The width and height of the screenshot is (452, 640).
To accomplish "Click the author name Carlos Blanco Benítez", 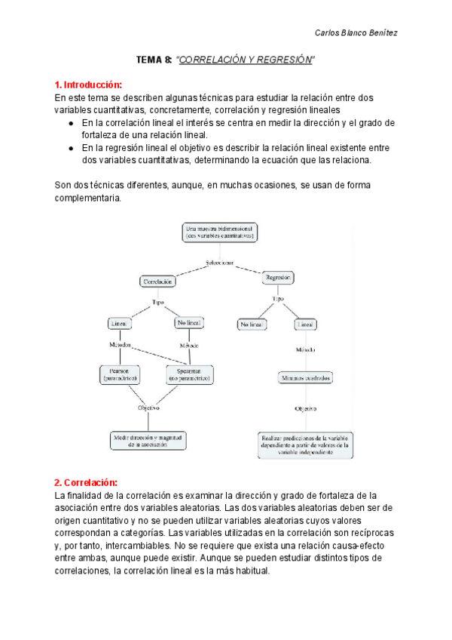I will tap(356, 32).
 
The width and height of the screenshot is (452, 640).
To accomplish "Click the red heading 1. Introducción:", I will tap(88, 85).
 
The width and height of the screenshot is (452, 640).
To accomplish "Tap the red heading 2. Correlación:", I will tap(87, 482).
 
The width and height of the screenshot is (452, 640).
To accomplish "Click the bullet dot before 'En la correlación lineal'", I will tap(70, 123).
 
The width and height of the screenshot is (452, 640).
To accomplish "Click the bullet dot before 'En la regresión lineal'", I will tap(70, 149).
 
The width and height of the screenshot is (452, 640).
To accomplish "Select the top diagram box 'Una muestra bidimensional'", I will tap(219, 232).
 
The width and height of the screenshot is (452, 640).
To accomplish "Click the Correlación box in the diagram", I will tap(157, 281).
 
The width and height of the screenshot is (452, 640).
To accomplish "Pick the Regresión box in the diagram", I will tap(278, 278).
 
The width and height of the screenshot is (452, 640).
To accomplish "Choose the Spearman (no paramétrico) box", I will tap(189, 374).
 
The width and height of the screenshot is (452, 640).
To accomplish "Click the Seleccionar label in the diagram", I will tap(219, 263).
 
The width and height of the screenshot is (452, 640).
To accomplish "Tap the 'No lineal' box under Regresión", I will tap(250, 324).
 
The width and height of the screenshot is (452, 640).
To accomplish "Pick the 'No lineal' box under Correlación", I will tap(189, 323).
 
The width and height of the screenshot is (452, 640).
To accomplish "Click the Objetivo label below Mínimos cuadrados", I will tap(305, 408).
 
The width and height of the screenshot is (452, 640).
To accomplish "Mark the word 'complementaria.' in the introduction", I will tap(87, 198).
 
